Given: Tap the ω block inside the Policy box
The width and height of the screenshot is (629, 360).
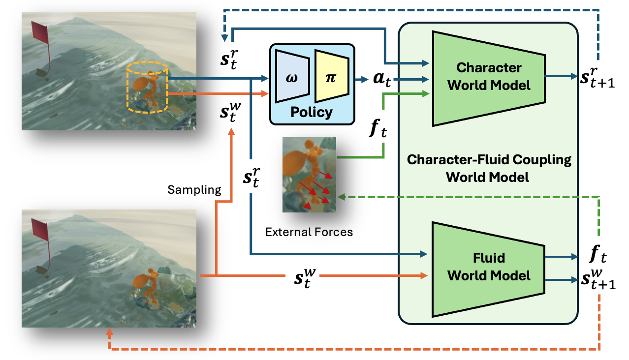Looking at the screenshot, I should tap(291, 78).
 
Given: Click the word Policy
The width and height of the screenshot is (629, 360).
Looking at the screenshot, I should tap(311, 112).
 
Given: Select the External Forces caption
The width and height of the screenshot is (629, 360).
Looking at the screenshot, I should tap(309, 232).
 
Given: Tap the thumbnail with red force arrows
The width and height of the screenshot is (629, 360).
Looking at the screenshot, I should tap(309, 175).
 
